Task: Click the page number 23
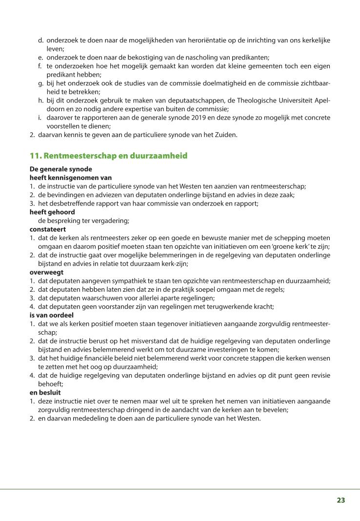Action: point(340,500)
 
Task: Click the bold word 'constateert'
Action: point(48,229)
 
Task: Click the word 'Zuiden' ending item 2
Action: point(226,135)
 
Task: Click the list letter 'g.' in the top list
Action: point(41,83)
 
